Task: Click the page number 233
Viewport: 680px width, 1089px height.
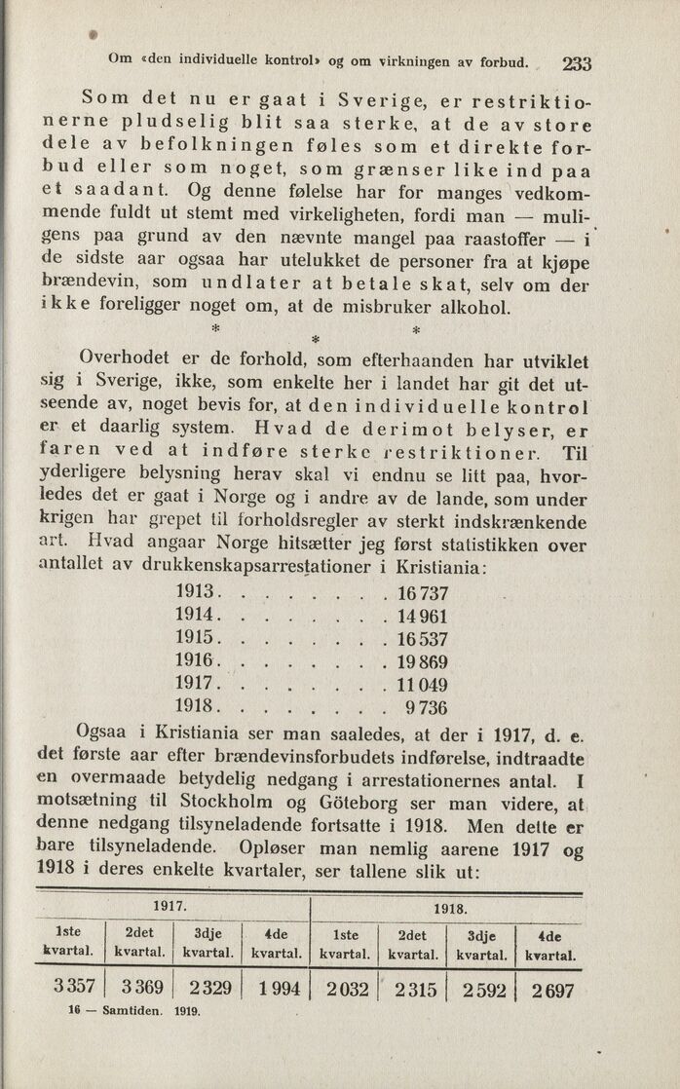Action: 577,64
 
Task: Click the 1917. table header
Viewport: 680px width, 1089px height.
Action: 171,905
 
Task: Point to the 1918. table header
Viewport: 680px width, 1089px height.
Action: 449,907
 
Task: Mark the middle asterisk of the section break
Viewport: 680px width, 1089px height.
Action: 315,338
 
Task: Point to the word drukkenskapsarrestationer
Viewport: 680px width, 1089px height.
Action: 255,567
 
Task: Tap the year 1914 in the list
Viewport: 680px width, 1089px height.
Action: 195,616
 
